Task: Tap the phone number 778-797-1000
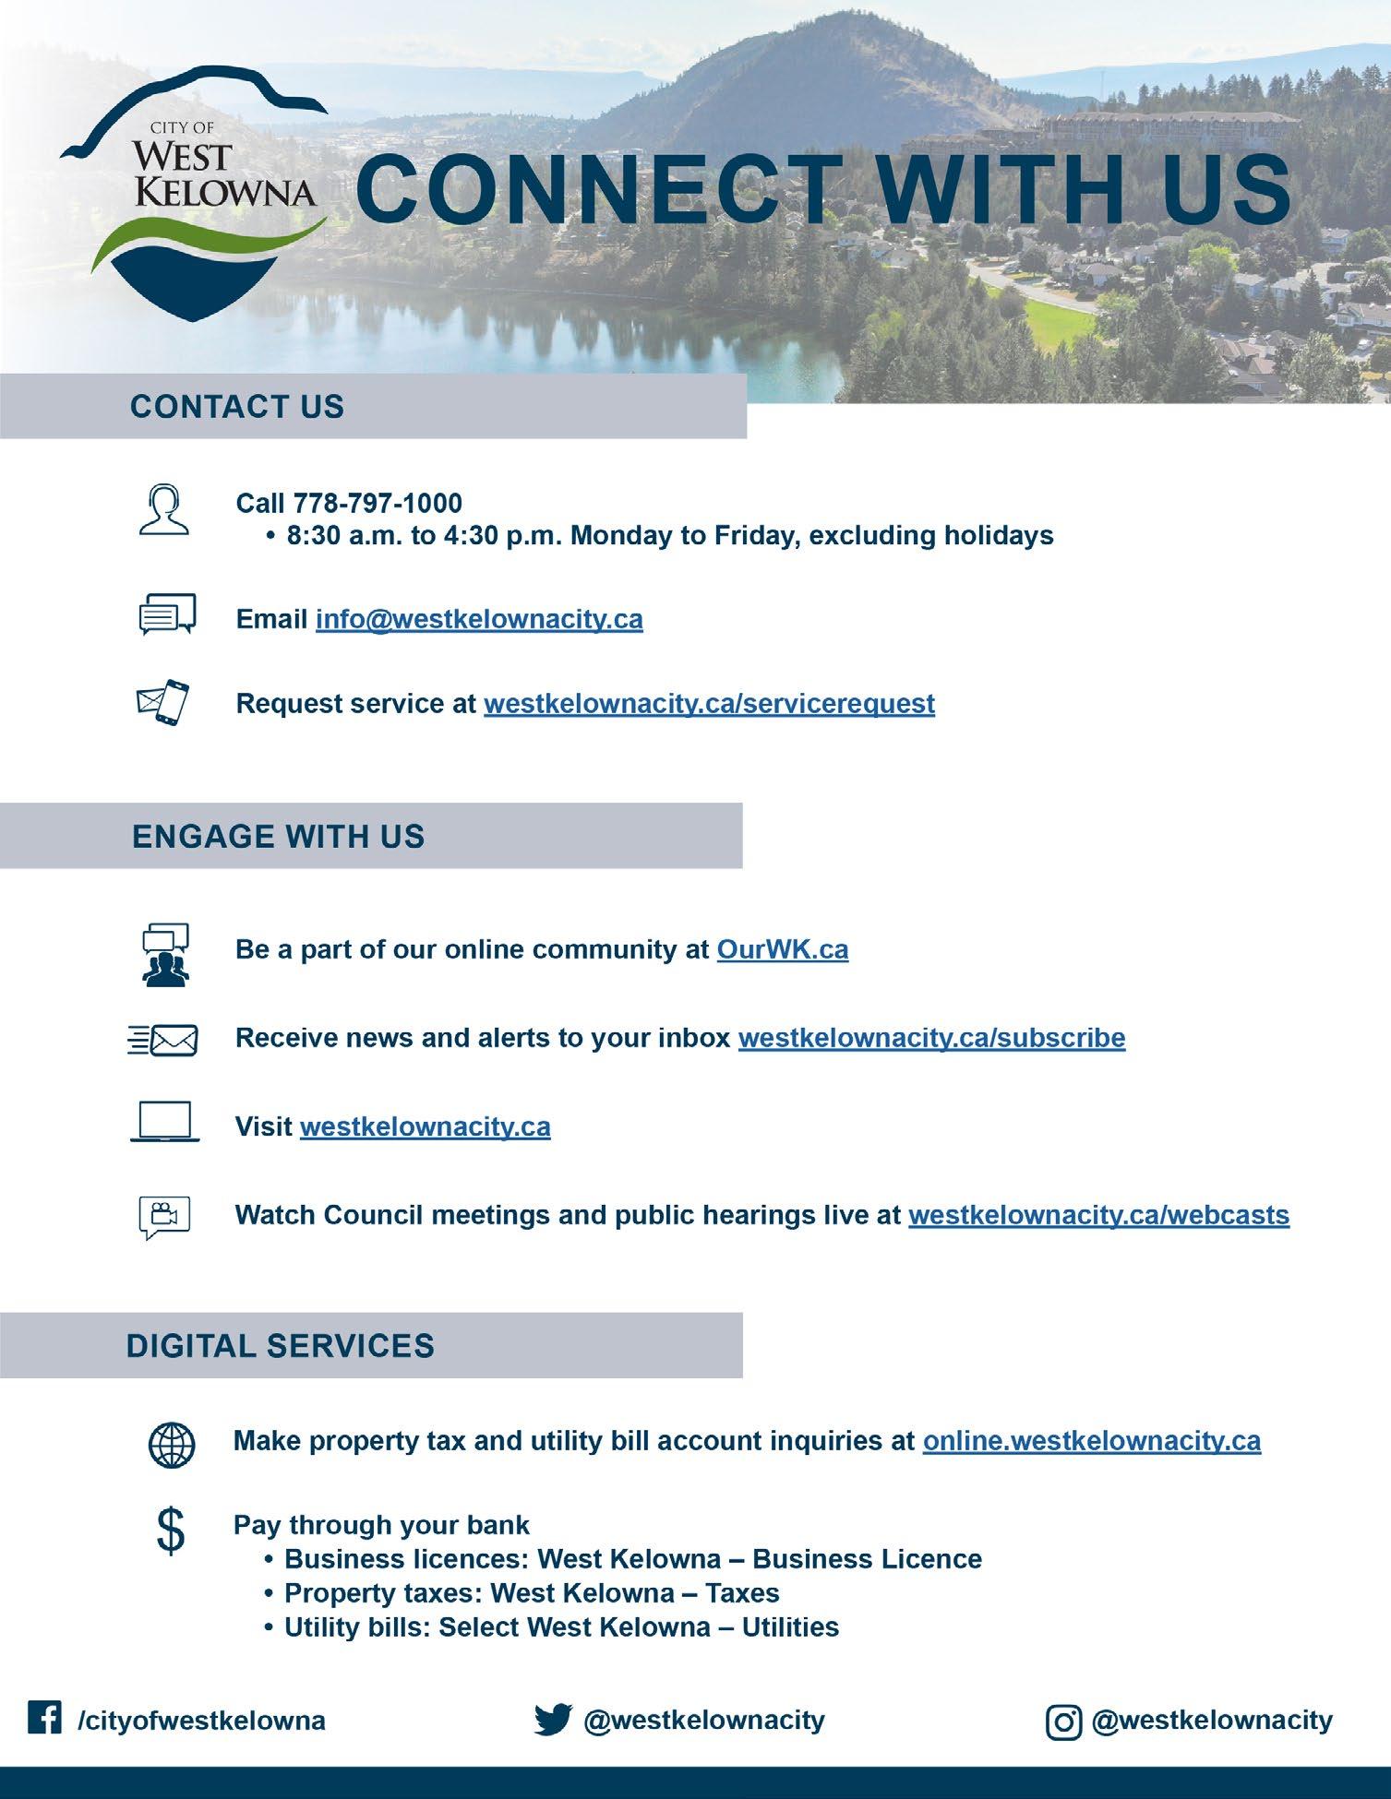[x=378, y=503]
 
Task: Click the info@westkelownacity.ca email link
[x=479, y=618]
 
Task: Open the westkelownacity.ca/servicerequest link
[x=709, y=703]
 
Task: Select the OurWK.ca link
[x=782, y=949]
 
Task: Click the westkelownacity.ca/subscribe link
[x=931, y=1038]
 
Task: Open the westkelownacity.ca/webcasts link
[x=1098, y=1215]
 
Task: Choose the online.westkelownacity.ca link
[x=1091, y=1441]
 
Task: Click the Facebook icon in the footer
[x=44, y=1718]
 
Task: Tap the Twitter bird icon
[x=553, y=1720]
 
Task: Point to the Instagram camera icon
[x=1063, y=1722]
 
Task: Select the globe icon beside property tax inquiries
[x=172, y=1444]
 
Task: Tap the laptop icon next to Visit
[x=165, y=1124]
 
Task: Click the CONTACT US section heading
[x=237, y=407]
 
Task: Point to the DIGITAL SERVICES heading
[x=280, y=1346]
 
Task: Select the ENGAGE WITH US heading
[x=278, y=837]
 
